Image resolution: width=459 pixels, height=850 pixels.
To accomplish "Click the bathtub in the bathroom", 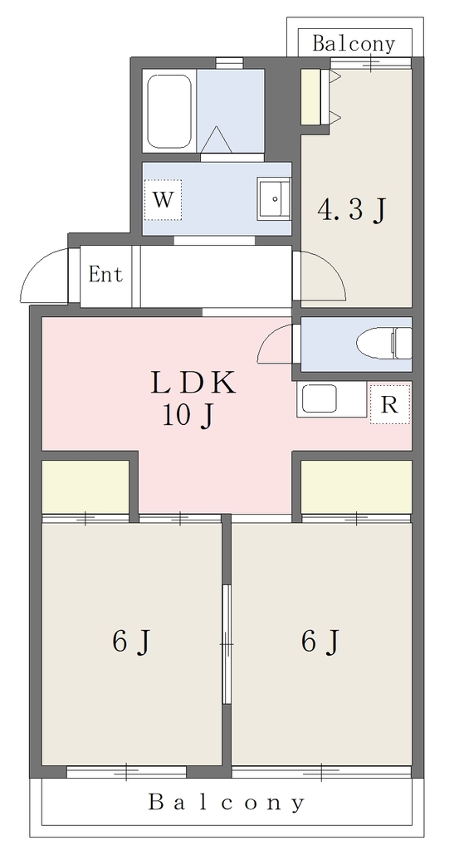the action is coord(169,111).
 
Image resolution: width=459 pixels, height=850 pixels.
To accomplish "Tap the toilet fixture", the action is coord(384,343).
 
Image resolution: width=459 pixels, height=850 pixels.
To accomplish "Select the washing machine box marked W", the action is coord(164,200).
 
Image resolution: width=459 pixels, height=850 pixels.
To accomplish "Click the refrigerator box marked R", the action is coord(390,404).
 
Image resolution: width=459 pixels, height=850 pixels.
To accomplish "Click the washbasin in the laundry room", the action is coord(274,198).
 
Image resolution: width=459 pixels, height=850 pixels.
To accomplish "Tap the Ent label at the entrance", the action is coord(105,274).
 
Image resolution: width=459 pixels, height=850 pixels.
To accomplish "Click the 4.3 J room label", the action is coord(352,210).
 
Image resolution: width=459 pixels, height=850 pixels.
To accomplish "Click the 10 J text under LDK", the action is coord(187,417).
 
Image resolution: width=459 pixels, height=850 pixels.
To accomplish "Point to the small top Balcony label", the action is coord(354,43).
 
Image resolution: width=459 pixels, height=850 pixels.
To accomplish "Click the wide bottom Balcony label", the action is coord(227,802).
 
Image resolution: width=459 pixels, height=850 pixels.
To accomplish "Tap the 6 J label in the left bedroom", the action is coord(130,642).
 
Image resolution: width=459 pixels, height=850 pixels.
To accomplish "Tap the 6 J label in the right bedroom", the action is coord(320,642).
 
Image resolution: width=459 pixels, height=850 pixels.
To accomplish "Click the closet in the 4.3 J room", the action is coord(311,96).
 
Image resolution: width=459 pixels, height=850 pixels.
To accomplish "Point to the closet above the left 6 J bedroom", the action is coord(85,486).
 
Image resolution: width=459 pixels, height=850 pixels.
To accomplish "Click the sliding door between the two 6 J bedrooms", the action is coord(227,644).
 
